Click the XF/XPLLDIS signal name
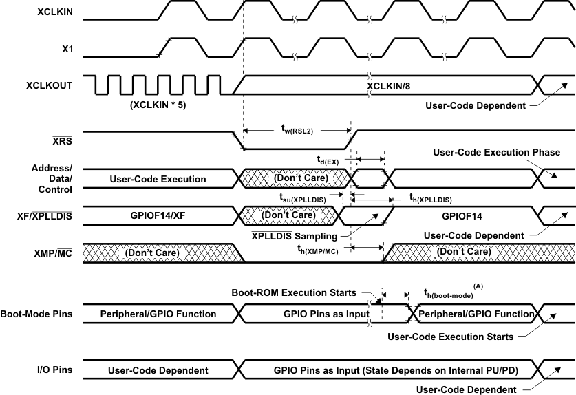pyautogui.click(x=47, y=215)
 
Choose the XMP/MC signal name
pyautogui.click(x=55, y=253)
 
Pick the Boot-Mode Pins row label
pyautogui.click(x=39, y=314)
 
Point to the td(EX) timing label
pyautogui.click(x=328, y=160)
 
